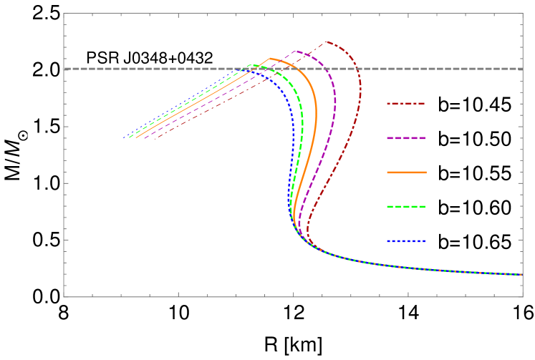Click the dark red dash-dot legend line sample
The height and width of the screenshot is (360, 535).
pos(406,104)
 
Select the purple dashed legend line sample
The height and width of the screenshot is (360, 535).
pos(406,138)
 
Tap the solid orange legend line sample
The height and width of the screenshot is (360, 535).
pos(406,172)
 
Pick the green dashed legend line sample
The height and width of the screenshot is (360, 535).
pos(406,207)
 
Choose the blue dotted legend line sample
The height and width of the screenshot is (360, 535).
pos(406,241)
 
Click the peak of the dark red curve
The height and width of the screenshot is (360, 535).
pos(326,42)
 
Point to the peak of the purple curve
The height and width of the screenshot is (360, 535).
pos(295,51)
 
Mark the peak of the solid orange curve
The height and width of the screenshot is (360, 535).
pos(270,58)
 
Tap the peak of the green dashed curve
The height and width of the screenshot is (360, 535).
pos(249,66)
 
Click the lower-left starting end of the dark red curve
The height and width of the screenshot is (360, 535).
pos(154,137)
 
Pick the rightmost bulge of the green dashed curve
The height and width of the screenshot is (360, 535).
pos(302,118)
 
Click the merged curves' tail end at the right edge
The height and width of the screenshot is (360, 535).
pos(521,274)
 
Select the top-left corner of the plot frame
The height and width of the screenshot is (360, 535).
pos(64,13)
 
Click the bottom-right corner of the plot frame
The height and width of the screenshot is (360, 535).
pos(523,296)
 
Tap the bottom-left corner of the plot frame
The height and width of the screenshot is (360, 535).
pos(64,296)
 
